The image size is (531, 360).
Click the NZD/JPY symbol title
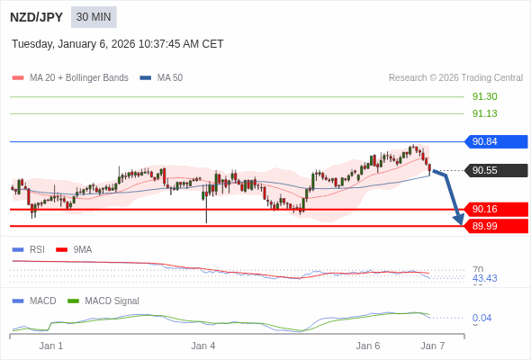pos(37,17)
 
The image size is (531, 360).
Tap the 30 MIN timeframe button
pos(94,17)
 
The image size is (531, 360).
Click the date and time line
pos(117,44)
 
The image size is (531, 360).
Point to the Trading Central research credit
pos(455,78)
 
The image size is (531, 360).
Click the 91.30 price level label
pos(484,96)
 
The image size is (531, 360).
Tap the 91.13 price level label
pos(484,113)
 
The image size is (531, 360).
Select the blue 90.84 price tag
pos(496,141)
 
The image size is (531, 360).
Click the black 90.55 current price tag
pos(496,170)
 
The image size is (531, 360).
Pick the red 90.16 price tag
pos(496,209)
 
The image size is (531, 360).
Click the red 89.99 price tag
pos(496,226)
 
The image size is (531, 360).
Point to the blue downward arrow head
pos(459,219)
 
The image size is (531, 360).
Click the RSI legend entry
pos(36,249)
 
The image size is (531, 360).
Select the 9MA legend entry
pos(82,249)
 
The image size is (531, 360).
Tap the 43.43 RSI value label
pos(484,278)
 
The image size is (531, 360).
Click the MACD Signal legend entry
pos(112,301)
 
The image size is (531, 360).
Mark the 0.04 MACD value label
pos(481,318)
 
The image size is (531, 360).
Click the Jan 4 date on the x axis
pos(203,346)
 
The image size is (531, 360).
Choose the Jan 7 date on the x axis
pos(433,346)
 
